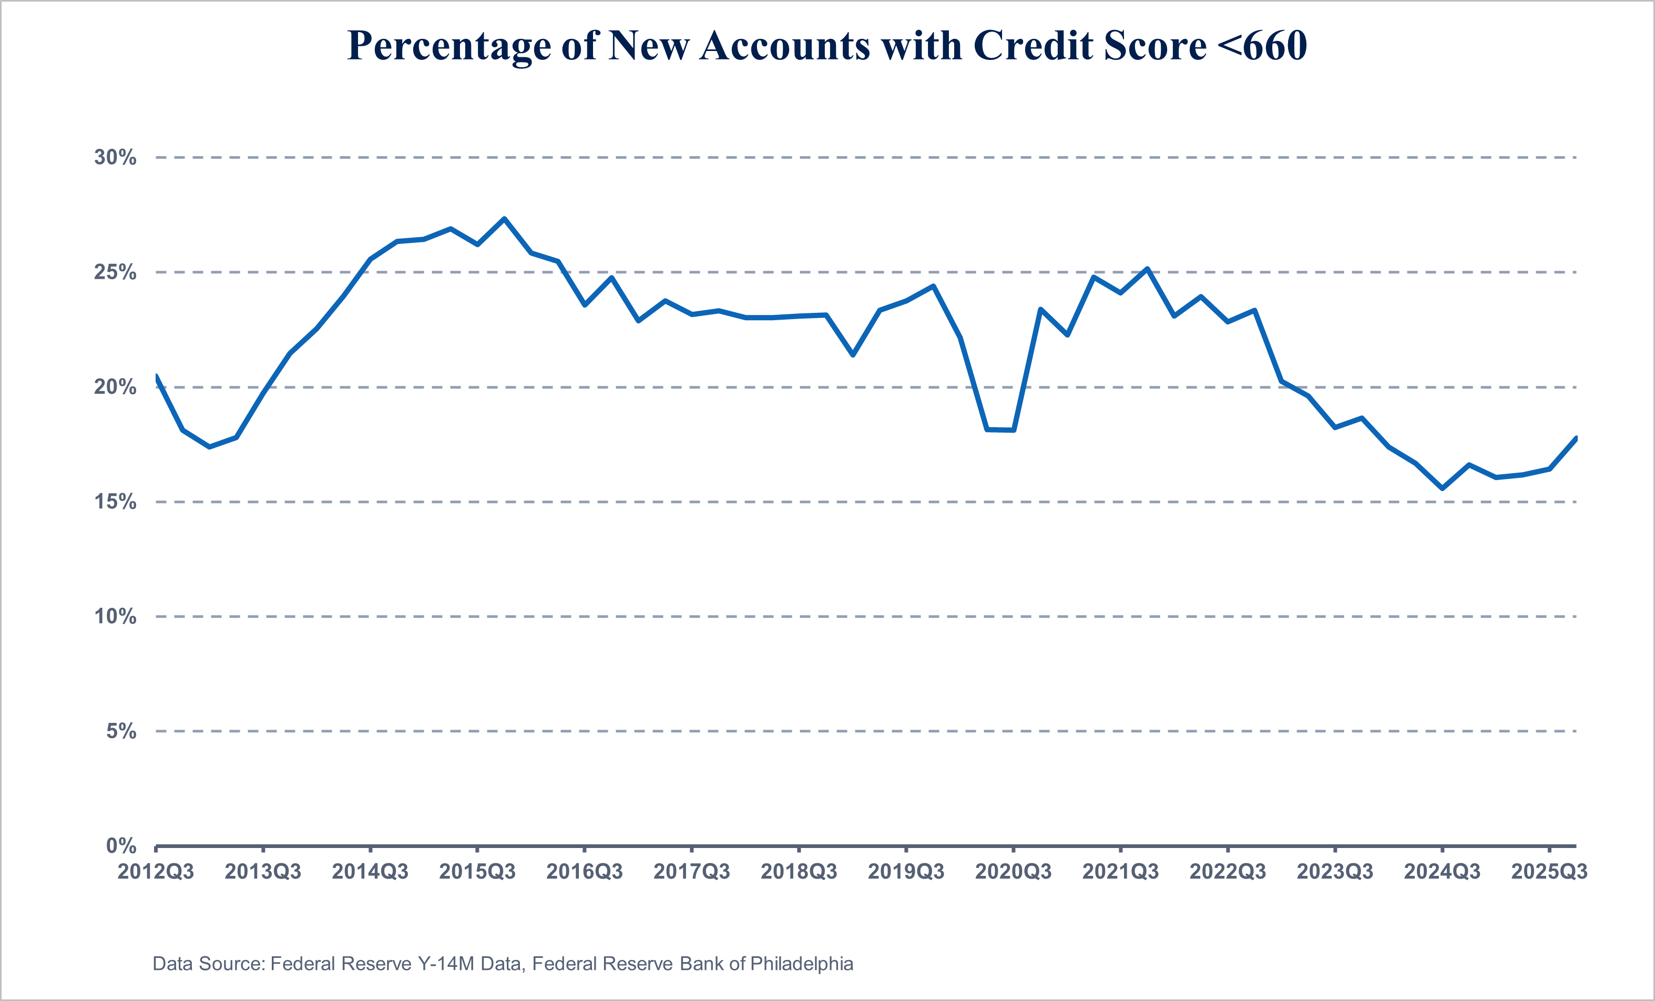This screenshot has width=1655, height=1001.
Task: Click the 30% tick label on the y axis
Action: [115, 157]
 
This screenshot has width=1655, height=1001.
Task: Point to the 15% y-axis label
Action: [115, 502]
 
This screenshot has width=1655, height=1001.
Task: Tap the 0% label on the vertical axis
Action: [121, 846]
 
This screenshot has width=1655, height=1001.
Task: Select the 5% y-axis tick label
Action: [121, 731]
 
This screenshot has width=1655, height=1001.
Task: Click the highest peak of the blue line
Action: [504, 219]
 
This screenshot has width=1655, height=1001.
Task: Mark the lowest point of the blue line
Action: [1442, 488]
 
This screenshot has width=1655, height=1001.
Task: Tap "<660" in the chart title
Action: [1261, 46]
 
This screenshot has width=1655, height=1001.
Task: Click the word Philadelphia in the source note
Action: [801, 964]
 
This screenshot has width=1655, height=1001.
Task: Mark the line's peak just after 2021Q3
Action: [1147, 269]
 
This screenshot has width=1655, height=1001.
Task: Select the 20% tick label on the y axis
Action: [115, 387]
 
